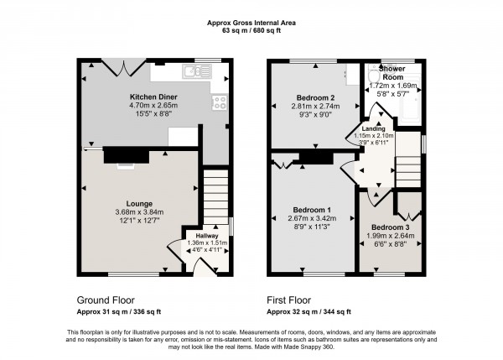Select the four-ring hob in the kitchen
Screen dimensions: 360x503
221,102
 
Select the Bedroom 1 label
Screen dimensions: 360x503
311,209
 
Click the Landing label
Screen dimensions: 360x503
373,128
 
